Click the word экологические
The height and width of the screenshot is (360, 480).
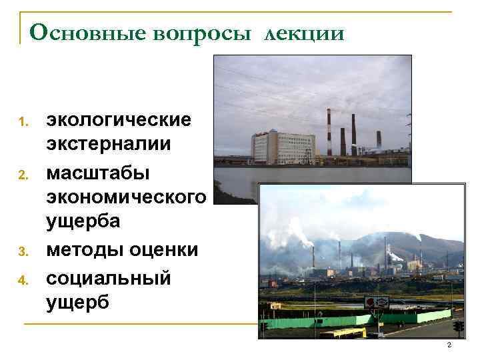(x=118, y=120)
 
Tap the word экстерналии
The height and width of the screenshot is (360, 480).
(x=109, y=145)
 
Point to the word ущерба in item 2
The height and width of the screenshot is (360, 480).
(x=83, y=222)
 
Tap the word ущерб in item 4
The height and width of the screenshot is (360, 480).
(x=77, y=301)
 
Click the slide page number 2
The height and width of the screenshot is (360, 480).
(x=449, y=345)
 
